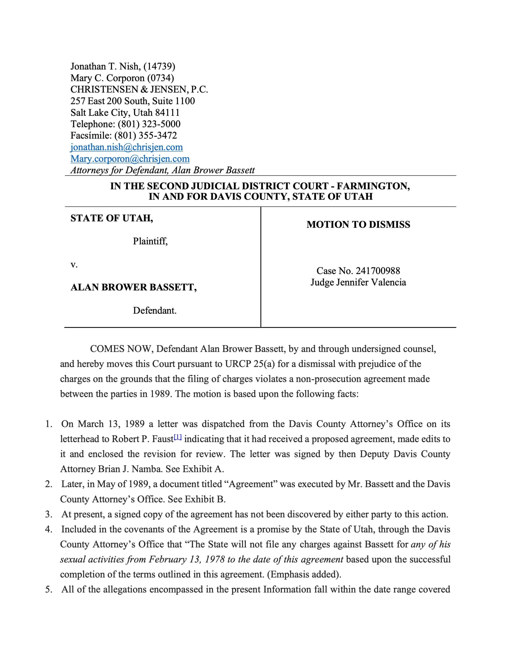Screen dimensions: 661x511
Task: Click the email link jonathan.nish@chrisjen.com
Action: pos(127,147)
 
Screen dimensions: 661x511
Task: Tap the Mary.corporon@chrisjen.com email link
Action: pos(130,159)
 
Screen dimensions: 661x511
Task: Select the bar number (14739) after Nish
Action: pos(159,66)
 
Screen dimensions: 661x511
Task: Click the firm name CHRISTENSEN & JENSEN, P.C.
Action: pos(139,89)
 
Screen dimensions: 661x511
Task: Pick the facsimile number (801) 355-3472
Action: pos(145,135)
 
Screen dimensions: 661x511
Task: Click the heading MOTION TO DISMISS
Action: pos(358,224)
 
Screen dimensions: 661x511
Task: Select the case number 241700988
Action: pos(378,271)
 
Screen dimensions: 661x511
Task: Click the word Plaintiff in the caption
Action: pos(150,241)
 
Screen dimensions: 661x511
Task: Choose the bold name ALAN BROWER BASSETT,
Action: pos(134,287)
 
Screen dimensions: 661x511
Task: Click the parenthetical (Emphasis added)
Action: pos(304,574)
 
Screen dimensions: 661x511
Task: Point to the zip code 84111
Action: pos(167,112)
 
